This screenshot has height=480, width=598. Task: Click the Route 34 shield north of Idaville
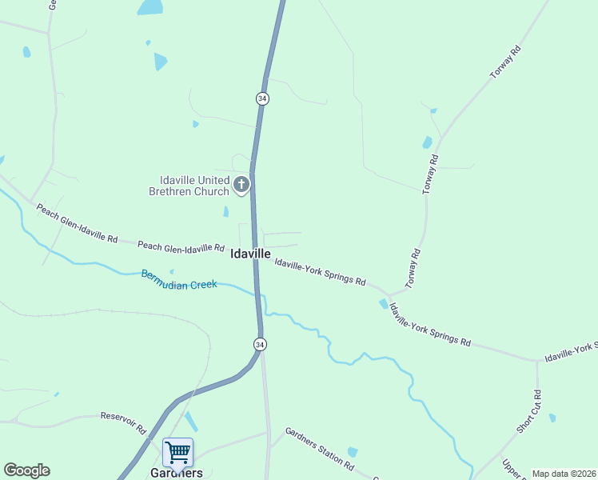coord(262,98)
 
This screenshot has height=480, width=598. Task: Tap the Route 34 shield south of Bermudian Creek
coord(260,344)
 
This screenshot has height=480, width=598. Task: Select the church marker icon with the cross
coord(241,186)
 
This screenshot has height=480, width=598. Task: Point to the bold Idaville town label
coord(250,254)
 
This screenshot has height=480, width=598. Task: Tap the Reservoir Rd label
coord(122,422)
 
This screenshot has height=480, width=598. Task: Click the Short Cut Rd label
coord(528,412)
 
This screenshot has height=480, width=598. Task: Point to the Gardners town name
coord(176,473)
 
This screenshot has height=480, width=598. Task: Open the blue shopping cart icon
coord(177,452)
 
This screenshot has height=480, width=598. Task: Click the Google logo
coord(26,470)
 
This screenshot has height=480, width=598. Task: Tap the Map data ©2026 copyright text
coord(564,474)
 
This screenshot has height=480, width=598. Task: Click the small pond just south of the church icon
coord(225,212)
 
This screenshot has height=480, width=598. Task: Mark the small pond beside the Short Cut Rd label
coord(552,418)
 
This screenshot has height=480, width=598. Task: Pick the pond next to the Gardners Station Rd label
coord(353,452)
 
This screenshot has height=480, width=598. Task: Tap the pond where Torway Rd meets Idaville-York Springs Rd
coord(384,304)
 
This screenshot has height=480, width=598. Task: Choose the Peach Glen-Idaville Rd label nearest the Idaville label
coord(181,246)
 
